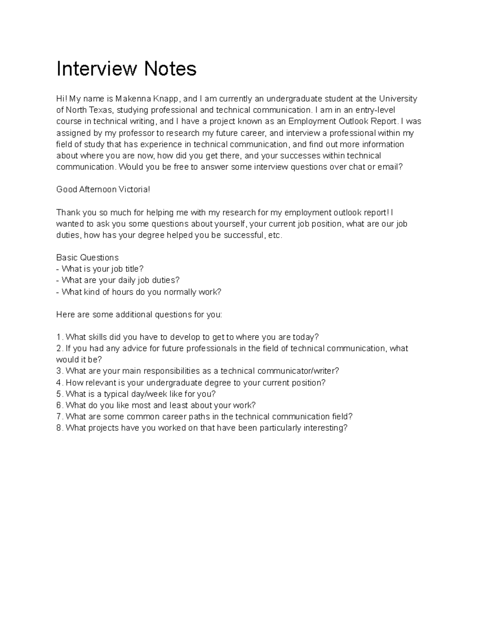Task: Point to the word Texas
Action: click(x=99, y=110)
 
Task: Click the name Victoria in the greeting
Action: click(x=135, y=189)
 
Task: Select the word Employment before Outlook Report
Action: click(x=312, y=121)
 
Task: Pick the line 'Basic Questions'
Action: click(x=87, y=258)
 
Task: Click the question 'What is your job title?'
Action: click(x=102, y=269)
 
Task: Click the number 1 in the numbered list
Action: click(x=59, y=337)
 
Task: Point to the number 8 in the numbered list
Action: click(x=59, y=428)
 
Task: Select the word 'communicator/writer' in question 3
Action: click(x=298, y=371)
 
